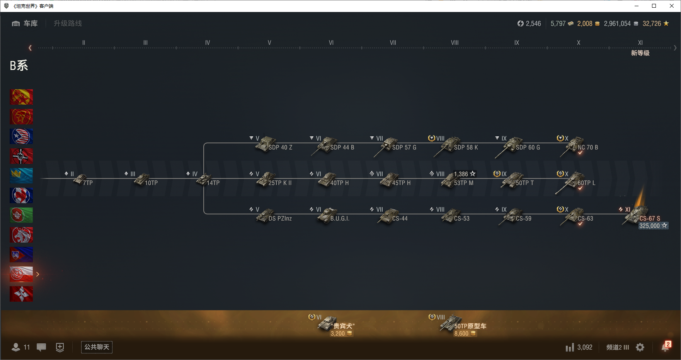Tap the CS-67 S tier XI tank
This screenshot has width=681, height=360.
click(x=636, y=215)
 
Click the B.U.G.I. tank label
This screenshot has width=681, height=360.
click(x=340, y=219)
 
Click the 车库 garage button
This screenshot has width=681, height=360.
click(x=25, y=24)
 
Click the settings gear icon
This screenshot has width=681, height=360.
click(x=640, y=347)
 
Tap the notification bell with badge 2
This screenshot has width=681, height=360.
click(x=665, y=347)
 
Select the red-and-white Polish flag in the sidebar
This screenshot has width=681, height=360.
click(x=21, y=274)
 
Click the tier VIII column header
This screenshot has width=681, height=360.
click(x=455, y=43)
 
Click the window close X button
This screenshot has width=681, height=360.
click(x=672, y=6)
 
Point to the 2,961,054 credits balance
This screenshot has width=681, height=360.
click(x=617, y=24)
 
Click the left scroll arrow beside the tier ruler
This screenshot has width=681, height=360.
click(x=30, y=48)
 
